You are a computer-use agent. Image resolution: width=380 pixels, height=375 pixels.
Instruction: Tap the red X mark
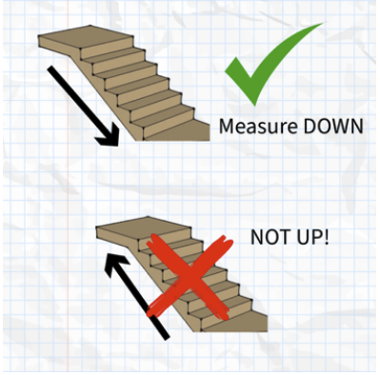[x=190, y=277]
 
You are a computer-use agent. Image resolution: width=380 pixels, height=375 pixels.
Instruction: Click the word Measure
[x=258, y=127]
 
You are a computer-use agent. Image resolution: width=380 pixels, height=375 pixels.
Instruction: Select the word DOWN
[x=333, y=127]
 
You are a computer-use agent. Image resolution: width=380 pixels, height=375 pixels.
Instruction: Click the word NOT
[x=270, y=237]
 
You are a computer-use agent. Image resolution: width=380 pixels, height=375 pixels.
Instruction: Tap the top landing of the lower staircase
[x=144, y=227]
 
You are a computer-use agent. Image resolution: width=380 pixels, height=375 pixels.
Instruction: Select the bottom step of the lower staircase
[x=233, y=321]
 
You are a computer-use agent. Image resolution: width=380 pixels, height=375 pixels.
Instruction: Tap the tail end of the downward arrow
[x=50, y=69]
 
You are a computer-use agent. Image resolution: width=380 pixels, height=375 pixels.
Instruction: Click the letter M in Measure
[x=227, y=127]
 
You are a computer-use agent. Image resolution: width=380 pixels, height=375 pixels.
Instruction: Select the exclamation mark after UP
[x=326, y=237]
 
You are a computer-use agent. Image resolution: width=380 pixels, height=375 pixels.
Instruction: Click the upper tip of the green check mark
[x=323, y=24]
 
